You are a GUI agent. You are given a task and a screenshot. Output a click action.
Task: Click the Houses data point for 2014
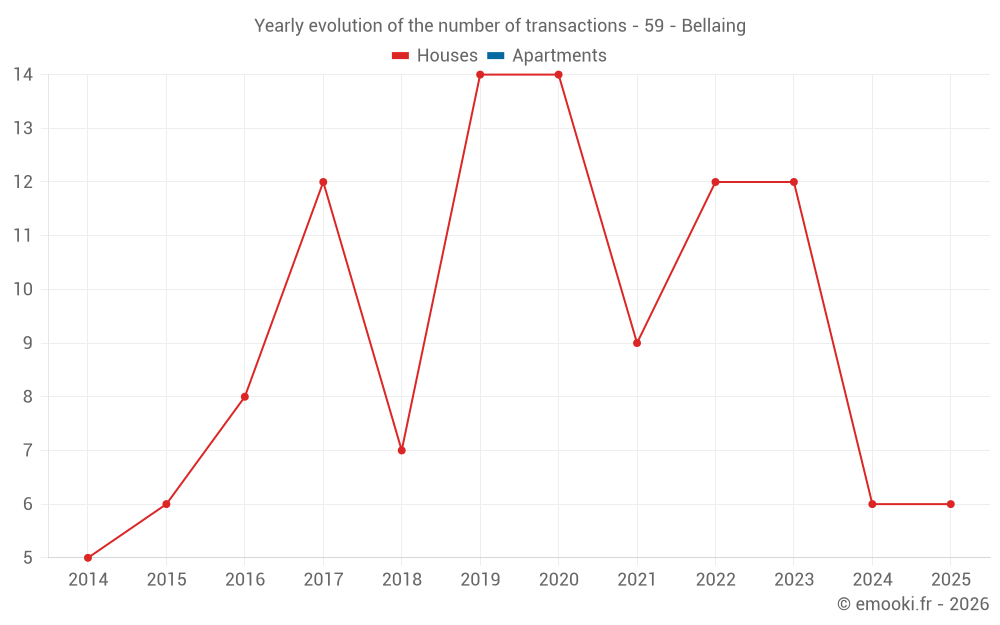[x=88, y=558]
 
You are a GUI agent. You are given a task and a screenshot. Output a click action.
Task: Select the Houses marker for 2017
[x=323, y=182]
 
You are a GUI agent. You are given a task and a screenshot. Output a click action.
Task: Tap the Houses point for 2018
[x=401, y=450]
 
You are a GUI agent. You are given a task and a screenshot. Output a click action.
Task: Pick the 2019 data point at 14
[x=480, y=75]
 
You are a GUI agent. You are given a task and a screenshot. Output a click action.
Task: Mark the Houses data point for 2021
[x=637, y=343]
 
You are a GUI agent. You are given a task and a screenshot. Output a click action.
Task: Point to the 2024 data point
[x=872, y=504]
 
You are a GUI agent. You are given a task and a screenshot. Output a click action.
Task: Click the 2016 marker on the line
[x=245, y=397]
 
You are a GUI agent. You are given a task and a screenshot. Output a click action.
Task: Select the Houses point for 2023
[x=794, y=182]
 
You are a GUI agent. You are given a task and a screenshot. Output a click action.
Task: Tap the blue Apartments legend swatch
[x=496, y=56]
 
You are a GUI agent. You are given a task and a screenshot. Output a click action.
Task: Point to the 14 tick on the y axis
[x=23, y=75]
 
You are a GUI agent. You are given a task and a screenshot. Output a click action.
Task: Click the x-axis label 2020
[x=558, y=580]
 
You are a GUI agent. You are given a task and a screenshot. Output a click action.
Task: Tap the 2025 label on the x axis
[x=950, y=580]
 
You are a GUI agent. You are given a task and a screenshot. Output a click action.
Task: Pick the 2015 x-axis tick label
[x=166, y=580]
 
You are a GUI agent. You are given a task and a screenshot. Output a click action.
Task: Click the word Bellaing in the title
[x=713, y=26]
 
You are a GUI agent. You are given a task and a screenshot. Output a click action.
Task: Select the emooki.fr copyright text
[x=912, y=604]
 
